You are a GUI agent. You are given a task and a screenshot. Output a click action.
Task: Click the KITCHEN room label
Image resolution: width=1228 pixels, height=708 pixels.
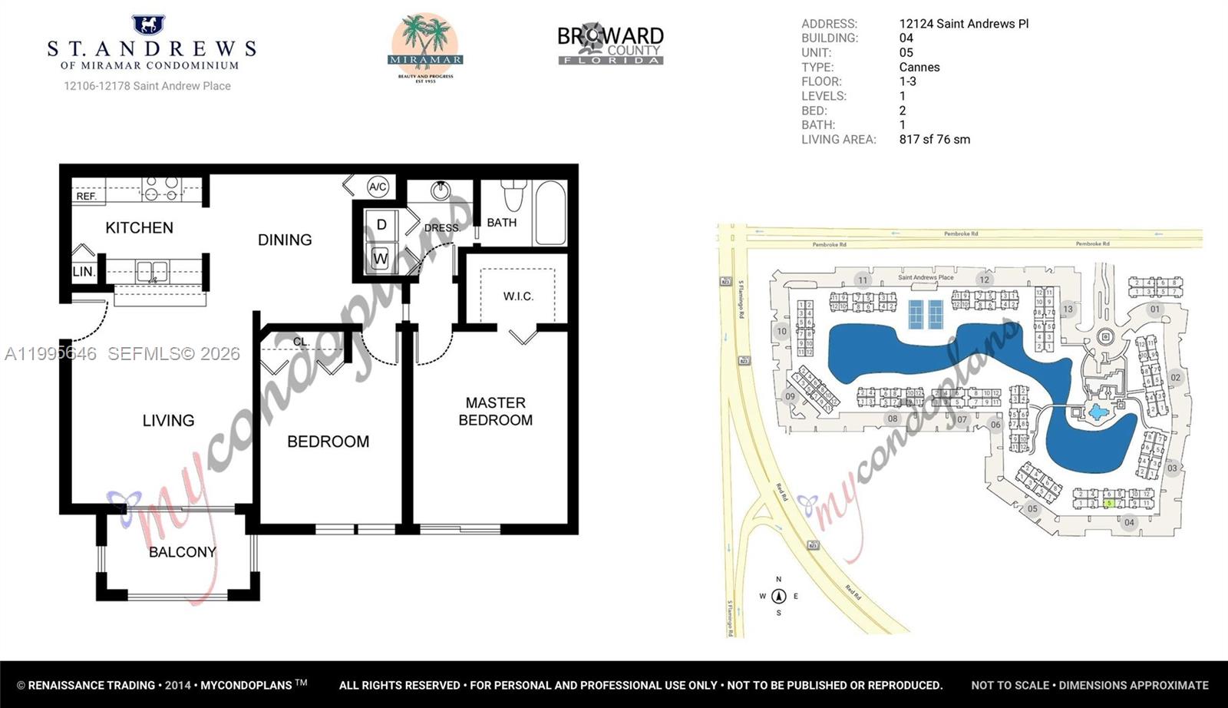coord(139,227)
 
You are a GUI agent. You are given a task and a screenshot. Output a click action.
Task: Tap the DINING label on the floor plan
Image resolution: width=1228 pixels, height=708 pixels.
coord(285,240)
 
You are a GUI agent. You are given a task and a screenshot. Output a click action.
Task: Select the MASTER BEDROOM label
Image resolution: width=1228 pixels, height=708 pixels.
coord(495,411)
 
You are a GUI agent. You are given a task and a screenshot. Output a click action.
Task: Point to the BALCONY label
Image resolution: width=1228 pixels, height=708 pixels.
coord(182,552)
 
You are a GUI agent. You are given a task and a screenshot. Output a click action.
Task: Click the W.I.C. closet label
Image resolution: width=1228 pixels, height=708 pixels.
coord(518,296)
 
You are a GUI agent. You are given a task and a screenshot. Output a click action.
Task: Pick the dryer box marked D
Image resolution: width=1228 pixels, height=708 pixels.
coord(381,224)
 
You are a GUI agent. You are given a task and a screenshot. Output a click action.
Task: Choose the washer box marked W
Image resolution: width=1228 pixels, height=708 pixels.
coord(381,259)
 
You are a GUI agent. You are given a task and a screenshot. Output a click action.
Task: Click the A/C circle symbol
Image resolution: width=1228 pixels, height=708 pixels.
coord(377,186)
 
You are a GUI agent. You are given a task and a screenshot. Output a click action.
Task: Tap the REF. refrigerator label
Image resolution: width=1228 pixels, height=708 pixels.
coord(86,196)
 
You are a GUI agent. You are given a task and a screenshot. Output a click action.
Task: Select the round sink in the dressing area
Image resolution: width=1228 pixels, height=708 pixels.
coord(441,190)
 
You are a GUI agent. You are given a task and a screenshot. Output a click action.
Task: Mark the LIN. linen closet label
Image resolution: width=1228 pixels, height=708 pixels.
coord(83,271)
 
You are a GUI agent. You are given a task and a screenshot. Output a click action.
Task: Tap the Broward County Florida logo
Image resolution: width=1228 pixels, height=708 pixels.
coord(610,45)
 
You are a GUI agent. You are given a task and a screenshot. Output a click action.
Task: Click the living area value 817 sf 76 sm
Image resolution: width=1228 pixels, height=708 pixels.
coord(934,139)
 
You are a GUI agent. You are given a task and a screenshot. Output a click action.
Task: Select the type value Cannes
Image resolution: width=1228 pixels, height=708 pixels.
coord(919,67)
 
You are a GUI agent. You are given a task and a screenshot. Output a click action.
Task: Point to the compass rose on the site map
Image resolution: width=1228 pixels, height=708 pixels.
coord(778,596)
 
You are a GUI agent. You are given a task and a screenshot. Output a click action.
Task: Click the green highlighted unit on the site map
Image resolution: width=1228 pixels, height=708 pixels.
coord(1109,503)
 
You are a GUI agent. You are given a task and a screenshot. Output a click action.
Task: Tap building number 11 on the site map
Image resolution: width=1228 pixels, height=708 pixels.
coord(863,280)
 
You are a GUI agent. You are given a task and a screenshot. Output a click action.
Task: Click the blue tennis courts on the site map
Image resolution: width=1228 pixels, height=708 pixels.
coord(925,313)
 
